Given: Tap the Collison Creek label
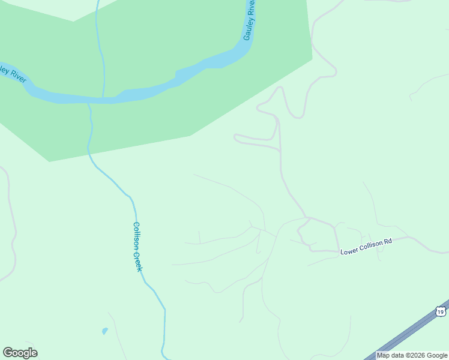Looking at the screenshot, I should (x=137, y=247).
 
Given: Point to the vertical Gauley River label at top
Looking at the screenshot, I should (x=249, y=20).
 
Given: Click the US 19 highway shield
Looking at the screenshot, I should (x=441, y=311).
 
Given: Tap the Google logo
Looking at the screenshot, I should (x=20, y=352).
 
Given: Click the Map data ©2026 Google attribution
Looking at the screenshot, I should (x=412, y=355).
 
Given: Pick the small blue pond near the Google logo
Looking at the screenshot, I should (x=105, y=331).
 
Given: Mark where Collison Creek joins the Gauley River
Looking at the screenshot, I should (x=88, y=102).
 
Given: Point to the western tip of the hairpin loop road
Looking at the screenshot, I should (x=235, y=138).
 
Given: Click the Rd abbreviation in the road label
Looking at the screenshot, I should (x=388, y=241).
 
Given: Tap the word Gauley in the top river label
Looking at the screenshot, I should (x=247, y=29).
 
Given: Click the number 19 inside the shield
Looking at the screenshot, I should (x=441, y=312).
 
